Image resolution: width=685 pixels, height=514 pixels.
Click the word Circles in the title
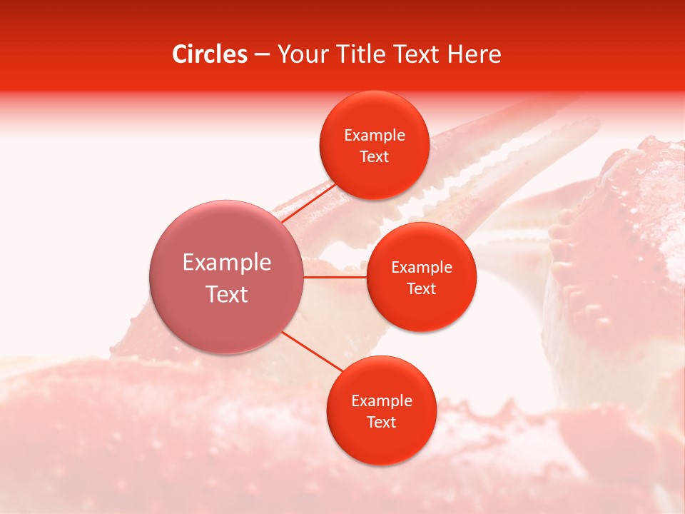click(x=209, y=54)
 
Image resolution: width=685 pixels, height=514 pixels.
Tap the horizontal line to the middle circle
click(x=335, y=277)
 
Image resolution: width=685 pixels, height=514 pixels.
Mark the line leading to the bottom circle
click(x=312, y=351)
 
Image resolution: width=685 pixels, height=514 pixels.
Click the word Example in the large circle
click(x=226, y=263)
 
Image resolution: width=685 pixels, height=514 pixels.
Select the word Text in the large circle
click(x=226, y=294)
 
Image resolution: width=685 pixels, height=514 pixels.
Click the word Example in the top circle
click(x=374, y=136)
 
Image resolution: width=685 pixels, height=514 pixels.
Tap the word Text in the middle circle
click(x=421, y=289)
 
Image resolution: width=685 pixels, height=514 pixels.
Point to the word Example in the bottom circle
click(x=381, y=401)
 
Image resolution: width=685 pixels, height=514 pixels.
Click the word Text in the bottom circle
click(x=381, y=423)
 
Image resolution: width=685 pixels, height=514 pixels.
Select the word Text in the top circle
click(x=374, y=157)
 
